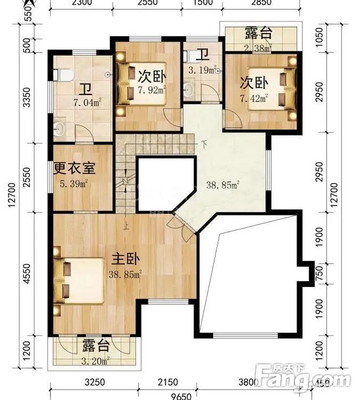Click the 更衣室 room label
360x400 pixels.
coord(75,168)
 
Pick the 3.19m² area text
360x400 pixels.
coord(202,69)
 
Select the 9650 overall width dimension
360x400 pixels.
coord(182,395)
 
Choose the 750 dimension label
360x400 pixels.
coord(318,272)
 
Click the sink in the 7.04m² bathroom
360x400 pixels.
coord(60,128)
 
